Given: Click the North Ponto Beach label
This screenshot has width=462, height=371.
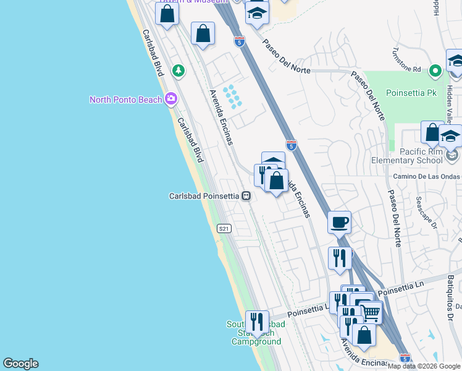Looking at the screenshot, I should pyautogui.click(x=125, y=100).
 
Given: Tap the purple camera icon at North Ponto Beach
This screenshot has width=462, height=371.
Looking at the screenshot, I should pyautogui.click(x=171, y=99).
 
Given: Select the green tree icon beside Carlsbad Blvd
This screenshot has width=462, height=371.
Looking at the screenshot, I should pyautogui.click(x=178, y=70).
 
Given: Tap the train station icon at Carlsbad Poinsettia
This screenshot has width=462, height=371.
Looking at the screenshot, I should pyautogui.click(x=246, y=196).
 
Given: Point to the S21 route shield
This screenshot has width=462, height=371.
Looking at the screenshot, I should pyautogui.click(x=224, y=229).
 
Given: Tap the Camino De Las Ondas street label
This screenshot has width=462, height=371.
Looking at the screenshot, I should pyautogui.click(x=426, y=176).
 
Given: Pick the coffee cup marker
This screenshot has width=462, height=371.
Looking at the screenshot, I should pyautogui.click(x=339, y=222).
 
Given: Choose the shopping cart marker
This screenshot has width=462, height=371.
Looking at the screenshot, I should pyautogui.click(x=371, y=312).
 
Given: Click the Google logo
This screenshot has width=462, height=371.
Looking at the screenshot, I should pyautogui.click(x=20, y=364).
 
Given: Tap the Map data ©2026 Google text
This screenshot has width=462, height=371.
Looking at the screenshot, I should pyautogui.click(x=424, y=366).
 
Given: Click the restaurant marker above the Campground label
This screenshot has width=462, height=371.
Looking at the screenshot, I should pyautogui.click(x=256, y=321).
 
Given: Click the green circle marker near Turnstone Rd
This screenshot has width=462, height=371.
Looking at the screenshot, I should pyautogui.click(x=435, y=71).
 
